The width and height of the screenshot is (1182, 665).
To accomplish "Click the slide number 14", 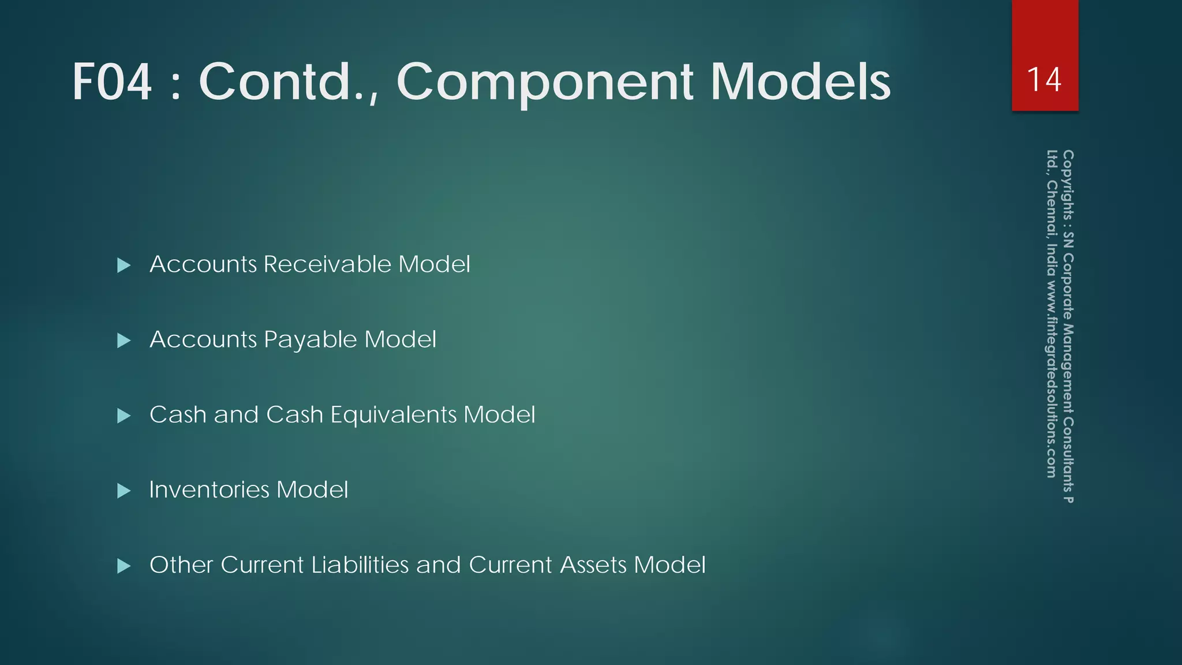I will click(1044, 80).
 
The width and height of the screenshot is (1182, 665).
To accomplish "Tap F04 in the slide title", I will click(112, 82).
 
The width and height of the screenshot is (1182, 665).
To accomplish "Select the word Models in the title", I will click(801, 82).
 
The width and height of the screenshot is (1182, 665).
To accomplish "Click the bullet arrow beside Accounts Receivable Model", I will click(124, 266).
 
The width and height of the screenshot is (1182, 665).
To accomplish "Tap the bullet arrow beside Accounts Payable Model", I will click(124, 341).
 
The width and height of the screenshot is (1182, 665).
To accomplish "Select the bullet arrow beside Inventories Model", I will click(124, 491).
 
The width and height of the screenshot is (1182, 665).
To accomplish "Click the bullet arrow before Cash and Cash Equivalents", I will click(124, 416).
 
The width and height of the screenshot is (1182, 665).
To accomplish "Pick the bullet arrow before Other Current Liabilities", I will click(124, 566).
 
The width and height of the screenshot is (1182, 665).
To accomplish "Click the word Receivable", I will click(327, 264).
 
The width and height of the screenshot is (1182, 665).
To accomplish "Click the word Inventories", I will click(209, 490).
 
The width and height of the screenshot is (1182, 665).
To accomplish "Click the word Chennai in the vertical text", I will click(1052, 210).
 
